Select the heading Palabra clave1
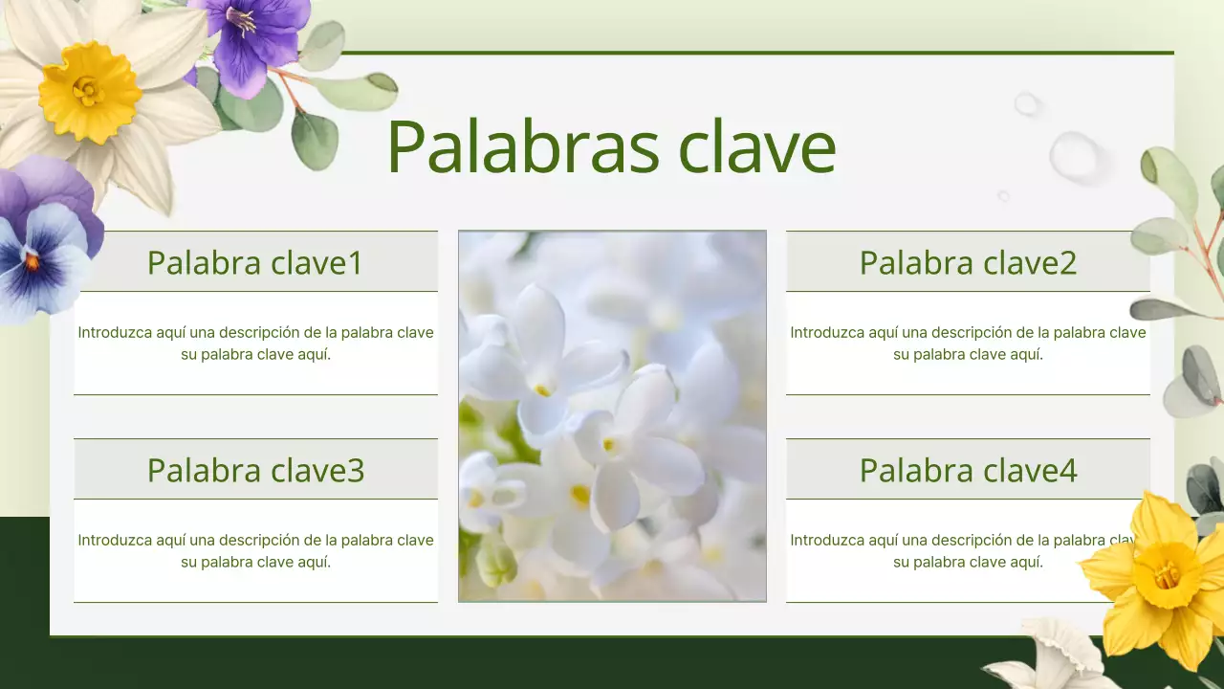coord(255,262)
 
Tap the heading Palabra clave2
coord(968,262)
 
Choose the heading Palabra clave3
coord(255,470)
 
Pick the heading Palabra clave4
coord(968,470)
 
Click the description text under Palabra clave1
coord(255,343)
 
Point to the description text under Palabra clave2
coord(968,343)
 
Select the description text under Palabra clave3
coord(255,550)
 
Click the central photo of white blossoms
coord(612,416)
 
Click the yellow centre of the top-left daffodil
coord(88,91)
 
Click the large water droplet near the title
coord(1075,156)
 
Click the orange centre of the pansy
coord(32,260)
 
